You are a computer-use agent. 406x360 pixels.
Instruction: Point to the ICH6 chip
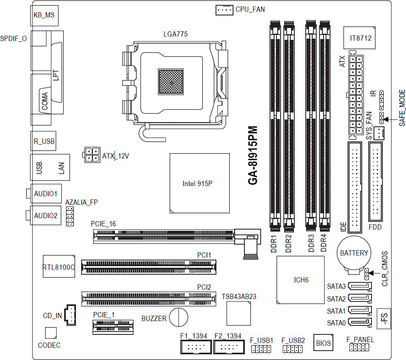(x=301, y=280)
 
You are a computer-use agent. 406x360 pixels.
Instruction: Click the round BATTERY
(x=354, y=253)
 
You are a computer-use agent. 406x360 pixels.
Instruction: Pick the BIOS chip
(x=324, y=343)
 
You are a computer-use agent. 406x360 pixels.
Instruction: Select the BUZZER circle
(x=178, y=317)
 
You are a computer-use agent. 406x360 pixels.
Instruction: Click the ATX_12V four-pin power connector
(x=92, y=155)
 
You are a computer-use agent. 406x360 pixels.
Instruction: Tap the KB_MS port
(x=44, y=15)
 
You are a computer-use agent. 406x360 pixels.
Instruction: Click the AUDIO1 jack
(x=45, y=194)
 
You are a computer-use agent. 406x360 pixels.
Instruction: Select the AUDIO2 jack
(x=45, y=216)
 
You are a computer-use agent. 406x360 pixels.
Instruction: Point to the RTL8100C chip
(x=59, y=267)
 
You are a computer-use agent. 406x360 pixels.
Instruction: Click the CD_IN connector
(x=70, y=314)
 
